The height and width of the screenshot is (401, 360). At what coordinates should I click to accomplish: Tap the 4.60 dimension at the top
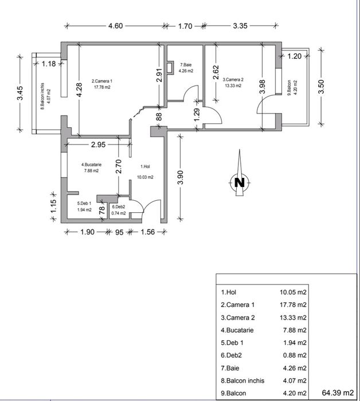click(x=115, y=26)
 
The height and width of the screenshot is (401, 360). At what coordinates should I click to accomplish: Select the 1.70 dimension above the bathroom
click(x=185, y=26)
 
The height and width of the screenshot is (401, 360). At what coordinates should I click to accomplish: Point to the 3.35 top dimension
click(x=240, y=26)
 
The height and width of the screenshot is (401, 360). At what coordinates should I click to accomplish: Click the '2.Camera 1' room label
click(x=102, y=81)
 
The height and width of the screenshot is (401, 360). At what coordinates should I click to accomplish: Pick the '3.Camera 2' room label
click(x=233, y=80)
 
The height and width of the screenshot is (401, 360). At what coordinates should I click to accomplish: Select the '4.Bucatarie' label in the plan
click(x=91, y=165)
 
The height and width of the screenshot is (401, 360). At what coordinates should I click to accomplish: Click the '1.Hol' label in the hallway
click(x=145, y=167)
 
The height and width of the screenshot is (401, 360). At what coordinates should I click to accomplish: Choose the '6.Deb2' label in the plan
click(x=118, y=207)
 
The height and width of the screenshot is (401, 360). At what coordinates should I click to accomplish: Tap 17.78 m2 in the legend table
click(x=293, y=305)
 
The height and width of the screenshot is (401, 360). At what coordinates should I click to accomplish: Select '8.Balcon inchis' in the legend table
click(x=241, y=380)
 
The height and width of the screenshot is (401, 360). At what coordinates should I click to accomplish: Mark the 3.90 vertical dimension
click(x=181, y=177)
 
